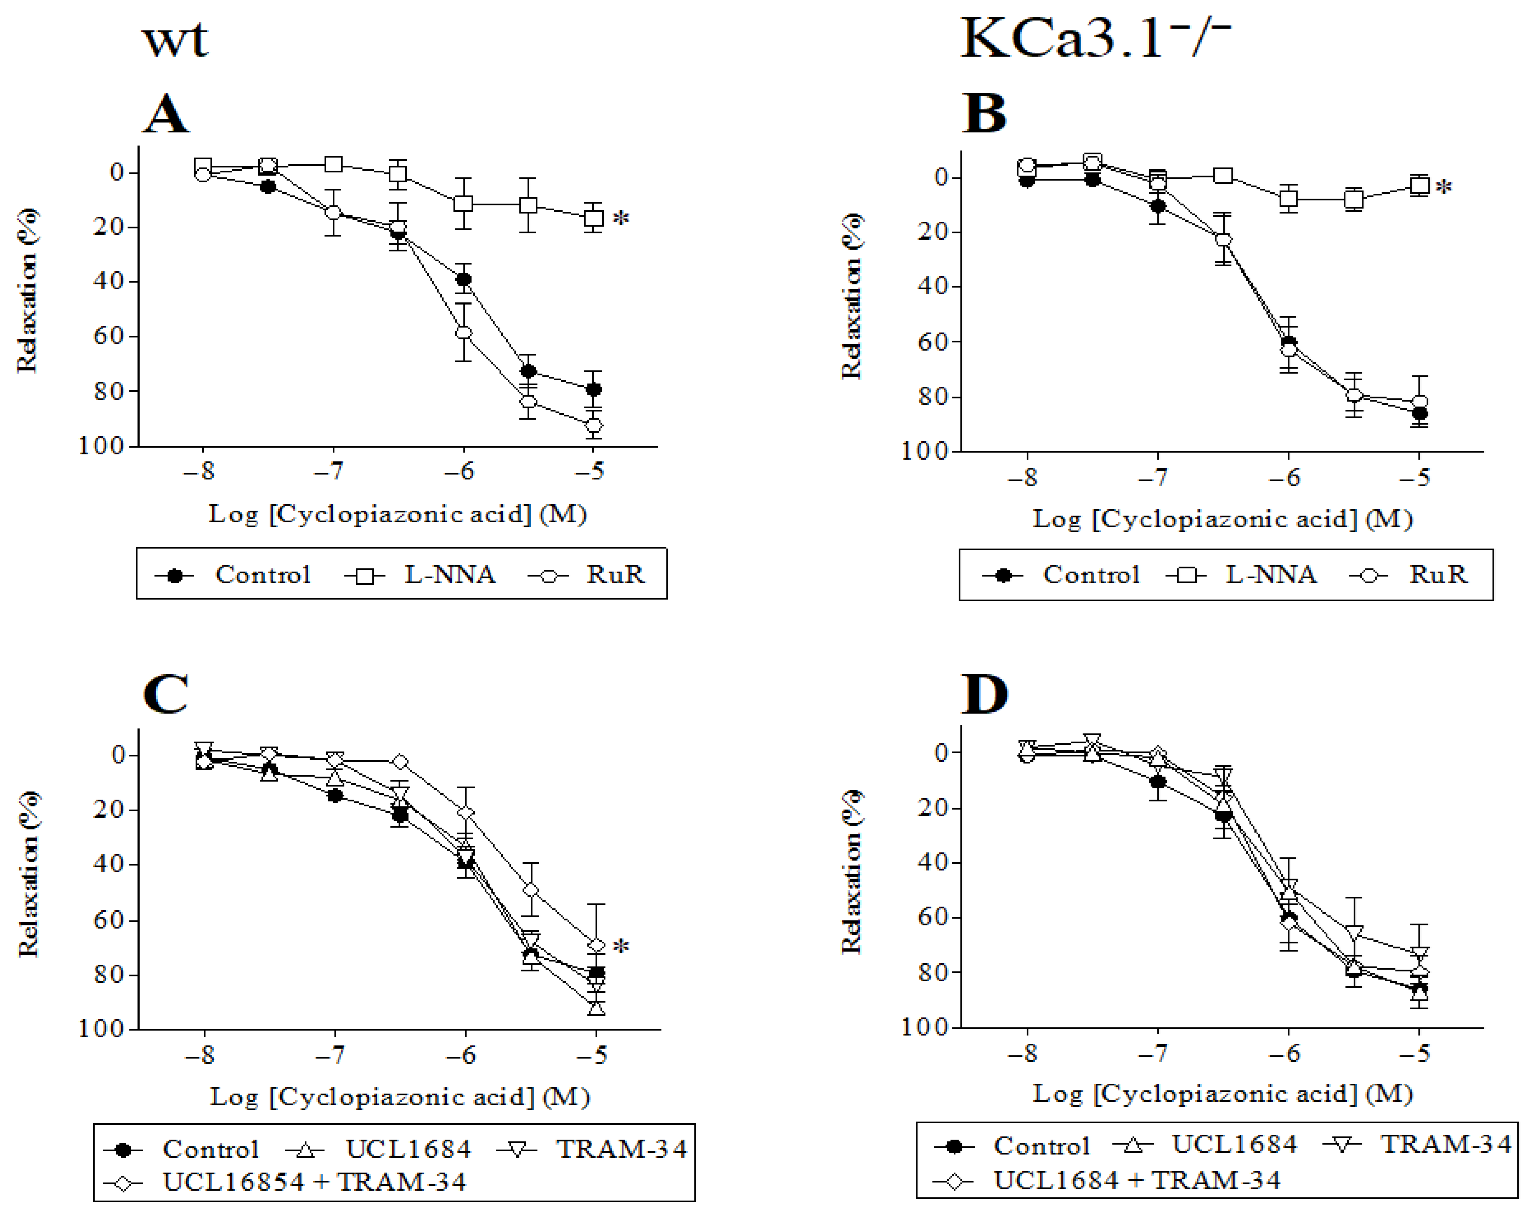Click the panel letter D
tap(985, 694)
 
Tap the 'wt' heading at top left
tap(176, 41)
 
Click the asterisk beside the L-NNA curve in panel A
tap(621, 218)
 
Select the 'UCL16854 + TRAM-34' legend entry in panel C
tap(313, 1181)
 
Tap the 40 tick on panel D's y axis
tap(932, 862)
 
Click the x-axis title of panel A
tap(397, 514)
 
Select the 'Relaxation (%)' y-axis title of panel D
tap(851, 871)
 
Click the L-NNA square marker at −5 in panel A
tap(594, 218)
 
